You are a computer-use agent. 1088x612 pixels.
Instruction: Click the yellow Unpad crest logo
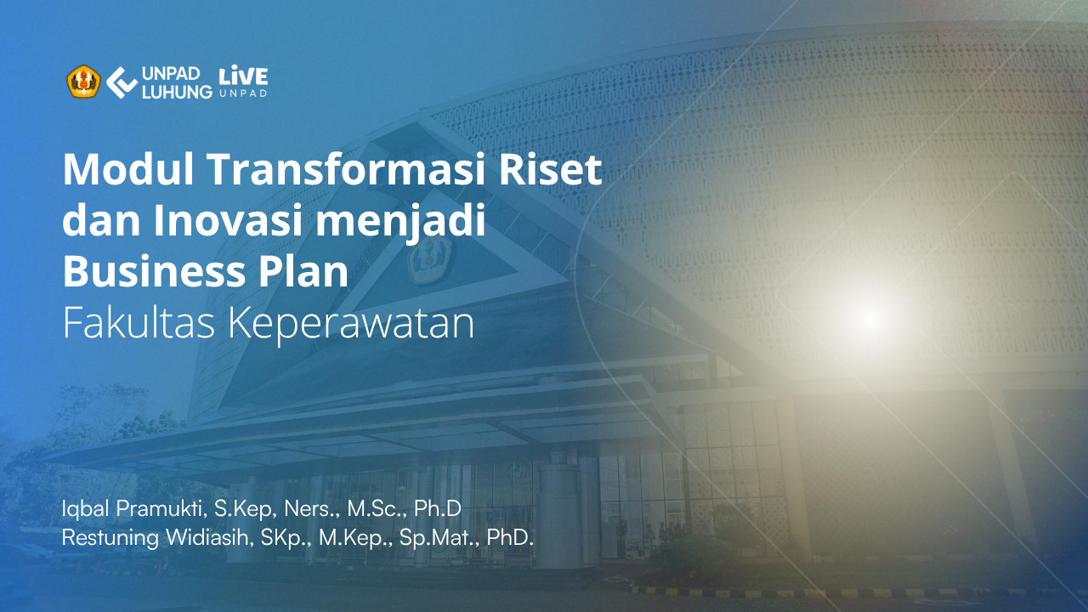point(83,82)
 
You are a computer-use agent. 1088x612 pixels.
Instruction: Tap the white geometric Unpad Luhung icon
point(122,82)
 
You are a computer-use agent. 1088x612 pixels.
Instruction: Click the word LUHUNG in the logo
point(177,92)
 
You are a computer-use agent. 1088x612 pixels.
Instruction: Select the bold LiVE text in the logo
point(243,76)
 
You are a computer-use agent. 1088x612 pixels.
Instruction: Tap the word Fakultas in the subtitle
point(139,323)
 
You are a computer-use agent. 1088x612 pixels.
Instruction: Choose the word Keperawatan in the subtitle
point(351,326)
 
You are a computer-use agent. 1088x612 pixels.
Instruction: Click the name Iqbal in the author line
point(86,509)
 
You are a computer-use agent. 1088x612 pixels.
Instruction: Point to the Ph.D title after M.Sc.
point(437,509)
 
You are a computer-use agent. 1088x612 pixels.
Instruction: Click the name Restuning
point(110,538)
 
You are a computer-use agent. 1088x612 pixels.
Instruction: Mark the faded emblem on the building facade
point(429,260)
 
